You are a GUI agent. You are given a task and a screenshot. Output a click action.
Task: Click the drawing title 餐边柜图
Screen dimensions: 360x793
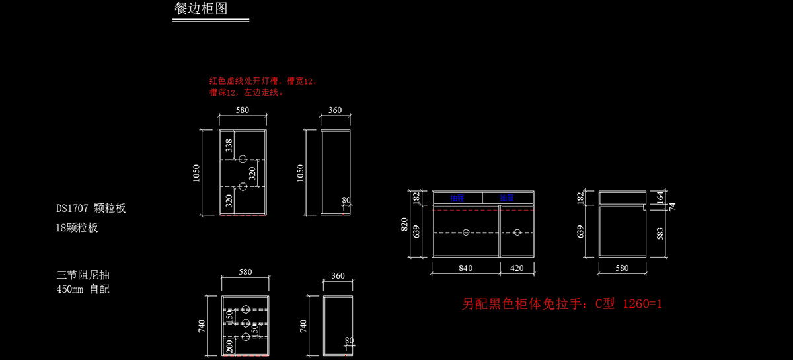[x=201, y=9]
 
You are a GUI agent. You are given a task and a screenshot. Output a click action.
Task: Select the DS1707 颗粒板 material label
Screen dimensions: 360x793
[x=91, y=209]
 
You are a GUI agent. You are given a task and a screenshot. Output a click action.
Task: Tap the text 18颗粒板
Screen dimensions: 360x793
[x=77, y=228]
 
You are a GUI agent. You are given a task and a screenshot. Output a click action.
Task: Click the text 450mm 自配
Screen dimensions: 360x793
[x=83, y=289]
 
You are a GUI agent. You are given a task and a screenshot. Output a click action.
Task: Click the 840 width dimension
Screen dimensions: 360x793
[x=465, y=268]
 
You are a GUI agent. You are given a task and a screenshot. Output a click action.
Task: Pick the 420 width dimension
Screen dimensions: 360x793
[x=517, y=268]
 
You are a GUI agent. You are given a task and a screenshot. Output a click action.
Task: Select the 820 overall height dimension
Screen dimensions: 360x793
[x=405, y=225]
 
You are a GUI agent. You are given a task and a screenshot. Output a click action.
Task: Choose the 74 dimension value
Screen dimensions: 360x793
[x=672, y=206]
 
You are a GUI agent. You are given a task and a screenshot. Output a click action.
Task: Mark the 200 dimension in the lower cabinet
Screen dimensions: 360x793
[x=229, y=345]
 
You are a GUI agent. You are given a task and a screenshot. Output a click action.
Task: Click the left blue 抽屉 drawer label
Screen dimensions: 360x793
[x=457, y=198]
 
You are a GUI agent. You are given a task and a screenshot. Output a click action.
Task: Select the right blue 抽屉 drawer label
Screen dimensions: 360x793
[x=507, y=198]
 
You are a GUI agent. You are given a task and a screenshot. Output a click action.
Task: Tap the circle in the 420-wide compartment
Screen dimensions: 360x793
[x=517, y=233]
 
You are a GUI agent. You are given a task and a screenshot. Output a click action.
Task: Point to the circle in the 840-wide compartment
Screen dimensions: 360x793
[x=466, y=233]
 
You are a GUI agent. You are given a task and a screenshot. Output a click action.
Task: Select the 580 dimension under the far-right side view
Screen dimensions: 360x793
[x=622, y=268]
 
